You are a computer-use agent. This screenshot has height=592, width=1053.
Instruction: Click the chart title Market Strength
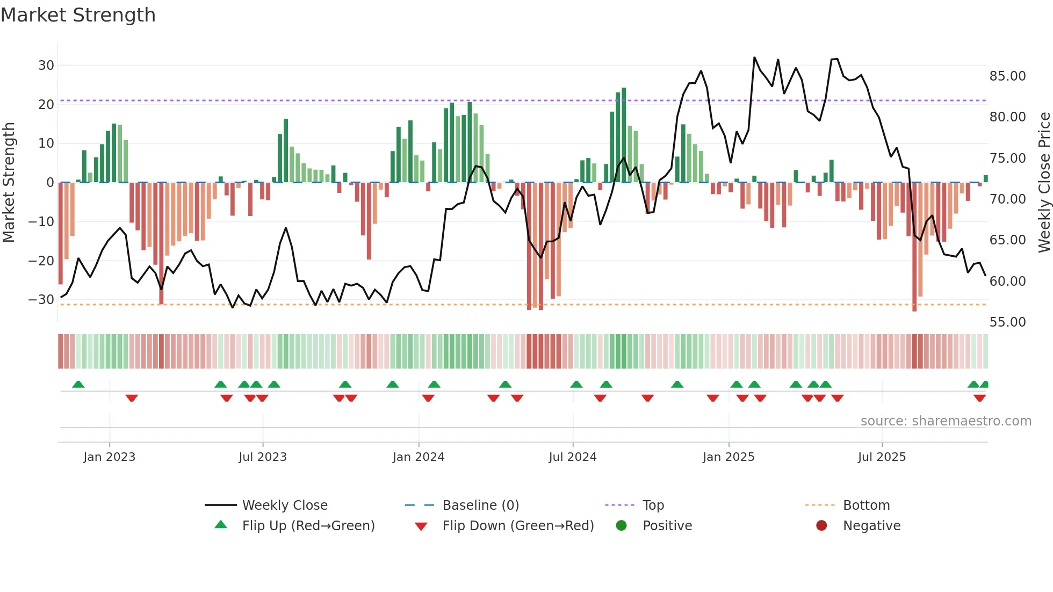(78, 15)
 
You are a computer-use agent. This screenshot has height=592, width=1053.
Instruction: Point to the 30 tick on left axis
(46, 66)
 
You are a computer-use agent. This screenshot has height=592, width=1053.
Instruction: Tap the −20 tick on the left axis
(41, 261)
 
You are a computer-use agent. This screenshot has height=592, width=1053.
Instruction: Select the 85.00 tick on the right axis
(1007, 76)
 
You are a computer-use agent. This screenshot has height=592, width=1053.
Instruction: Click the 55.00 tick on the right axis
(1007, 322)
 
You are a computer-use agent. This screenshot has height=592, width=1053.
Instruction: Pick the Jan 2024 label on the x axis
(419, 457)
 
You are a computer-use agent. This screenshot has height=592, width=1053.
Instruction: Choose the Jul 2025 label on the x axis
(882, 457)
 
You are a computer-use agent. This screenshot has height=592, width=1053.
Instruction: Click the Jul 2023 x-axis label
(263, 457)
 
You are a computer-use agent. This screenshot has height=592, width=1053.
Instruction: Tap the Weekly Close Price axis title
(1044, 183)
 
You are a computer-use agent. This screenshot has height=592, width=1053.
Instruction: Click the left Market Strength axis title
(9, 183)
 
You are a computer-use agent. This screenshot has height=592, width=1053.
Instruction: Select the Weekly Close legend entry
(285, 506)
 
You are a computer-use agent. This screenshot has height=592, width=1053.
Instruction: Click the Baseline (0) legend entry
(480, 506)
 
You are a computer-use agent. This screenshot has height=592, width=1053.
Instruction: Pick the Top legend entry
(653, 506)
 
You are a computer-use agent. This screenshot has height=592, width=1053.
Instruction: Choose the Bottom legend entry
(866, 506)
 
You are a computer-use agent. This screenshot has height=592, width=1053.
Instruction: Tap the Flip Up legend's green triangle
(221, 525)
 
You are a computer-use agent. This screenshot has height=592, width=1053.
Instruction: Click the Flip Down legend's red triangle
(421, 526)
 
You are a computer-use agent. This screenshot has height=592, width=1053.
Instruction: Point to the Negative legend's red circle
(821, 526)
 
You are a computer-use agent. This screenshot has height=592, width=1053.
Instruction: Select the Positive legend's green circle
(622, 526)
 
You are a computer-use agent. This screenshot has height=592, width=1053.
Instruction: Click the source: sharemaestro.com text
(946, 421)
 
